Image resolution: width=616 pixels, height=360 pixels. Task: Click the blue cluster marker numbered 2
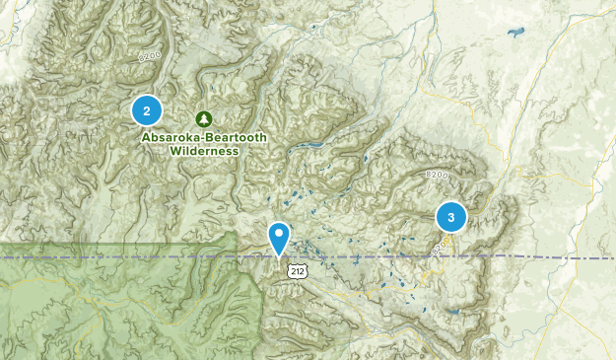pyautogui.click(x=147, y=110)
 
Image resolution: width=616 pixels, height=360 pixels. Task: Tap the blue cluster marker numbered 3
pyautogui.click(x=450, y=217)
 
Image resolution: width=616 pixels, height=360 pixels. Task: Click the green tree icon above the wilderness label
pyautogui.click(x=204, y=118)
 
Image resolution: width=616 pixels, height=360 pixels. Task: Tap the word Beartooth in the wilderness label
pyautogui.click(x=234, y=138)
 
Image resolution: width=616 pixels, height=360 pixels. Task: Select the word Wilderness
pyautogui.click(x=204, y=151)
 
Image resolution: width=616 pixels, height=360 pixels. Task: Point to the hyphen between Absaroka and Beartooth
pyautogui.click(x=199, y=138)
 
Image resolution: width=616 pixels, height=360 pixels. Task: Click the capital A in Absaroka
pyautogui.click(x=146, y=138)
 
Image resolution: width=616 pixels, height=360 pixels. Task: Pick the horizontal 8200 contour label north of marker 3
pyautogui.click(x=438, y=175)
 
